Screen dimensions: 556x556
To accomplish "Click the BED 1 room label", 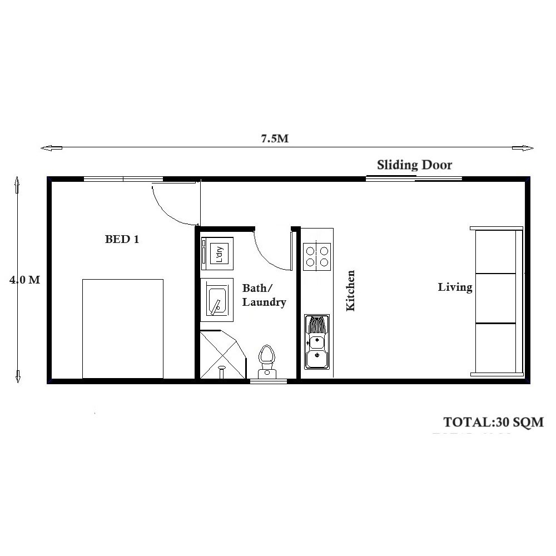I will pos(122,240).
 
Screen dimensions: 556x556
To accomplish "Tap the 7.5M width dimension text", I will pos(275,139).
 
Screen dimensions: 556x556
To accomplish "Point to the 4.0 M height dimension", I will pos(24,280).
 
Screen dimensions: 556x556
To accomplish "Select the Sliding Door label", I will pos(414,165).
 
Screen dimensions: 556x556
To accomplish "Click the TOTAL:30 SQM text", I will pos(493,421).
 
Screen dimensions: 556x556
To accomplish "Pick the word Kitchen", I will pos(350,290).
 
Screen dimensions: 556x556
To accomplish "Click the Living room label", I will pos(455,287).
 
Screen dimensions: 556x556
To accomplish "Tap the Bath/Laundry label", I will pos(264,295).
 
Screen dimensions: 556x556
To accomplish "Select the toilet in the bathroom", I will pos(267,360).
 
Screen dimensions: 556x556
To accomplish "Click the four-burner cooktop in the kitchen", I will pos(317,256).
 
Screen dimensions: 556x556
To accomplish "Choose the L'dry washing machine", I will pos(218,253).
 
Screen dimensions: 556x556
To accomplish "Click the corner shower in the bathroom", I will pos(221,355).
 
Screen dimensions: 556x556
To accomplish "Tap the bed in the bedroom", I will pos(123,329).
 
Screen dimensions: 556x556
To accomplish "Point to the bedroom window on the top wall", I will pos(123,179).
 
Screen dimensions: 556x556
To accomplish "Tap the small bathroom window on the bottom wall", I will pos(268,381).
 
